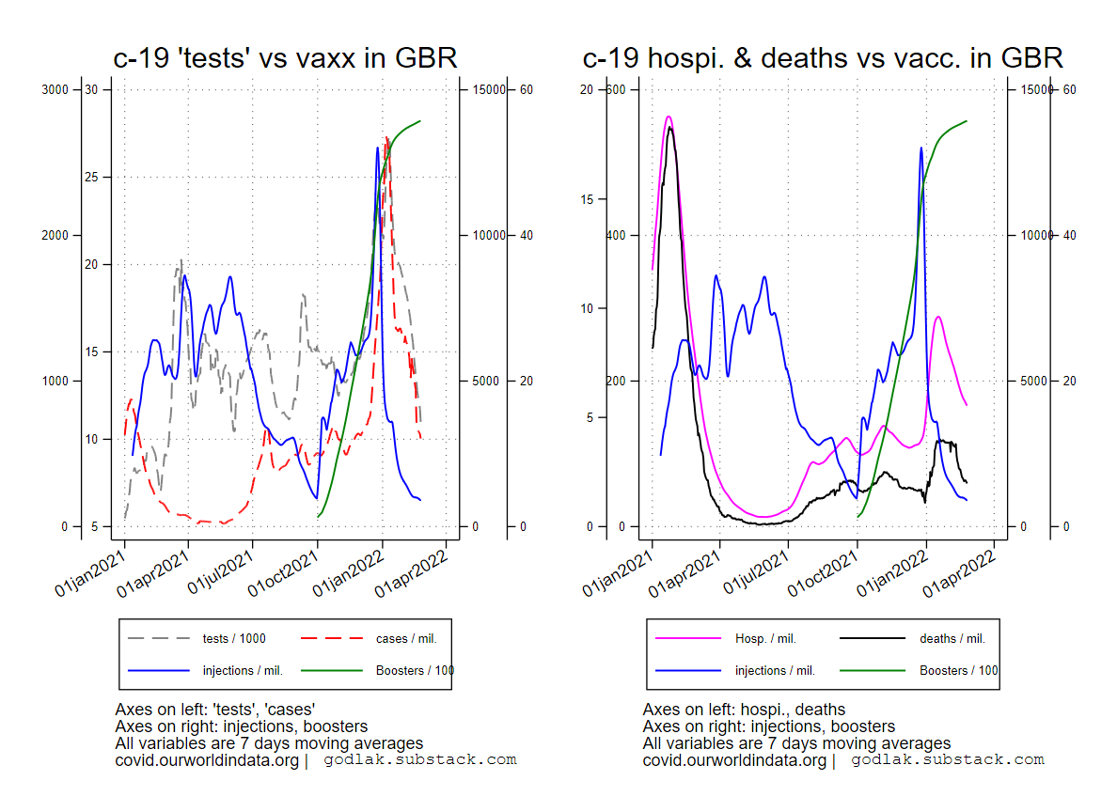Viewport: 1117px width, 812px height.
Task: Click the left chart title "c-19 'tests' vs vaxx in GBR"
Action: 285,58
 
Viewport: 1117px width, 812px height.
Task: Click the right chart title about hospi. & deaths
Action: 823,58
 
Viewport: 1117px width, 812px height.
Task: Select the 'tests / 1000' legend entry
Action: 234,639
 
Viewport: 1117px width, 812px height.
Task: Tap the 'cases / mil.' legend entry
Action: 406,639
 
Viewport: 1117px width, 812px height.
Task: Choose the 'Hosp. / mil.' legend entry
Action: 765,639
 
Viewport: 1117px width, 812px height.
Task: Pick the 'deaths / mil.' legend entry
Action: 952,639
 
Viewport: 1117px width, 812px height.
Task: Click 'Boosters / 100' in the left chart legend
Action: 415,671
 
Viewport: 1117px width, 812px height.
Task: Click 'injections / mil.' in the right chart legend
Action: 775,671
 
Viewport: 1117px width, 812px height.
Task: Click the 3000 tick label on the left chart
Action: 56,89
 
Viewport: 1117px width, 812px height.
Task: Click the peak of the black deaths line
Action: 670,128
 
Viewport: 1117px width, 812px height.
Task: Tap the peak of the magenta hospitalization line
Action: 669,117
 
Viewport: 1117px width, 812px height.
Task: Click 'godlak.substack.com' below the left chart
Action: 420,759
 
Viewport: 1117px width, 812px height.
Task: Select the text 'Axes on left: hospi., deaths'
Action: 744,710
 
